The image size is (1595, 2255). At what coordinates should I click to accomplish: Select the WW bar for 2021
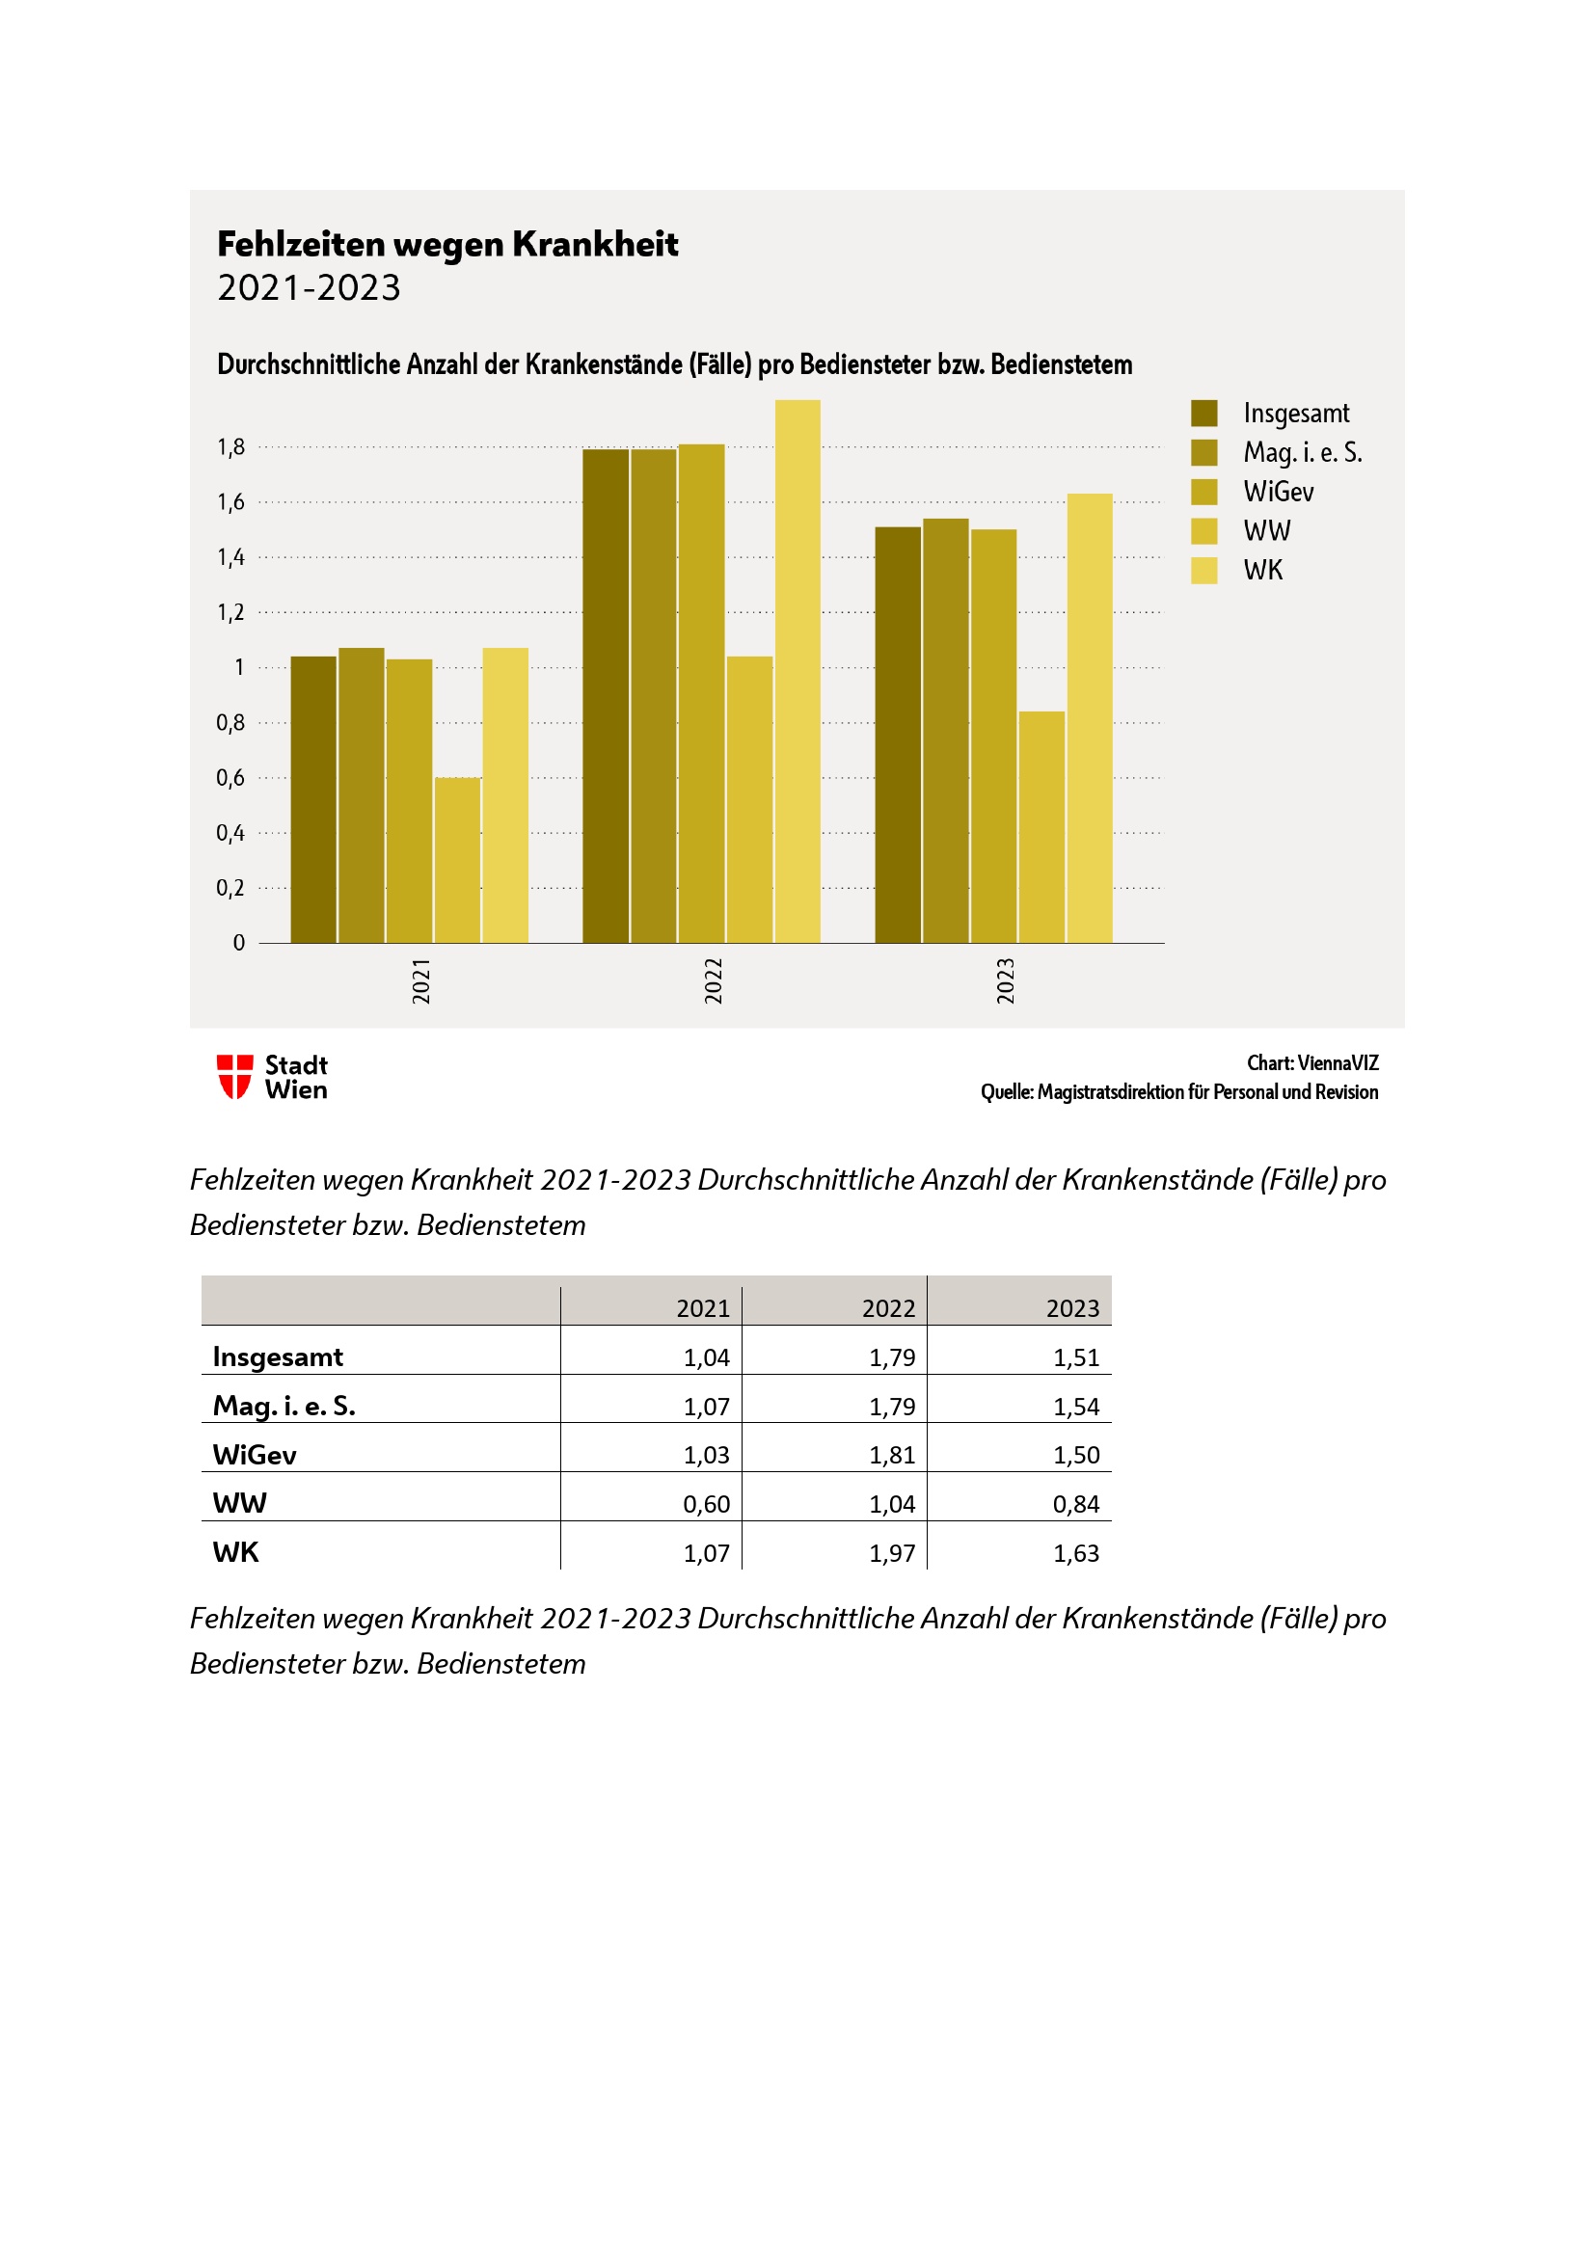458,859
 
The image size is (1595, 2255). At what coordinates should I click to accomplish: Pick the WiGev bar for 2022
701,693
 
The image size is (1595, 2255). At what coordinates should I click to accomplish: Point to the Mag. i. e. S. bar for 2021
362,794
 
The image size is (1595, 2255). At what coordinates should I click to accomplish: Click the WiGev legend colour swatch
1204,491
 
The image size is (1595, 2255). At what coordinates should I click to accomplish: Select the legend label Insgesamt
1295,414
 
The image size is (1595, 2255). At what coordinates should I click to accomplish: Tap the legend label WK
1263,571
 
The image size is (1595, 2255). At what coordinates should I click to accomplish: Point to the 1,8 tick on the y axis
230,448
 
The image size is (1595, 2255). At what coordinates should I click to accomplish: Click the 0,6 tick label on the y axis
230,778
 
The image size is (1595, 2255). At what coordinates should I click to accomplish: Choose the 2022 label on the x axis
714,980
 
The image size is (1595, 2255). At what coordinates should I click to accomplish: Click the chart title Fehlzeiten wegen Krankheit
446,244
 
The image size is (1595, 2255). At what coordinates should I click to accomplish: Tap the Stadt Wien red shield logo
234,1077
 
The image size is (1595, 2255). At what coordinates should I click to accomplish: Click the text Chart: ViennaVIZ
1312,1062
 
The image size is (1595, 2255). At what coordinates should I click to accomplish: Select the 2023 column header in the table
1071,1308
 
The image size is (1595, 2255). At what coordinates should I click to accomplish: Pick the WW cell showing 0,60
706,1504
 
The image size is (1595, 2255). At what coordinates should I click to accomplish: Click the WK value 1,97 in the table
892,1553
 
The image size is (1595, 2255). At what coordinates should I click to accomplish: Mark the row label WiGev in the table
255,1455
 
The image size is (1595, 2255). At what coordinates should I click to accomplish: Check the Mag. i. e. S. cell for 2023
1075,1407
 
